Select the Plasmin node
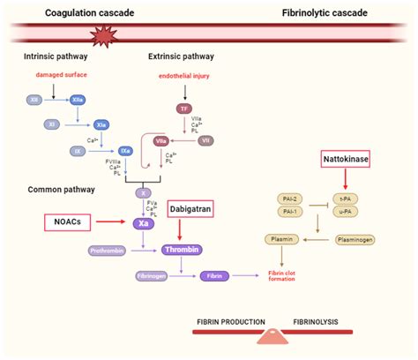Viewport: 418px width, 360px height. click(280, 239)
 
